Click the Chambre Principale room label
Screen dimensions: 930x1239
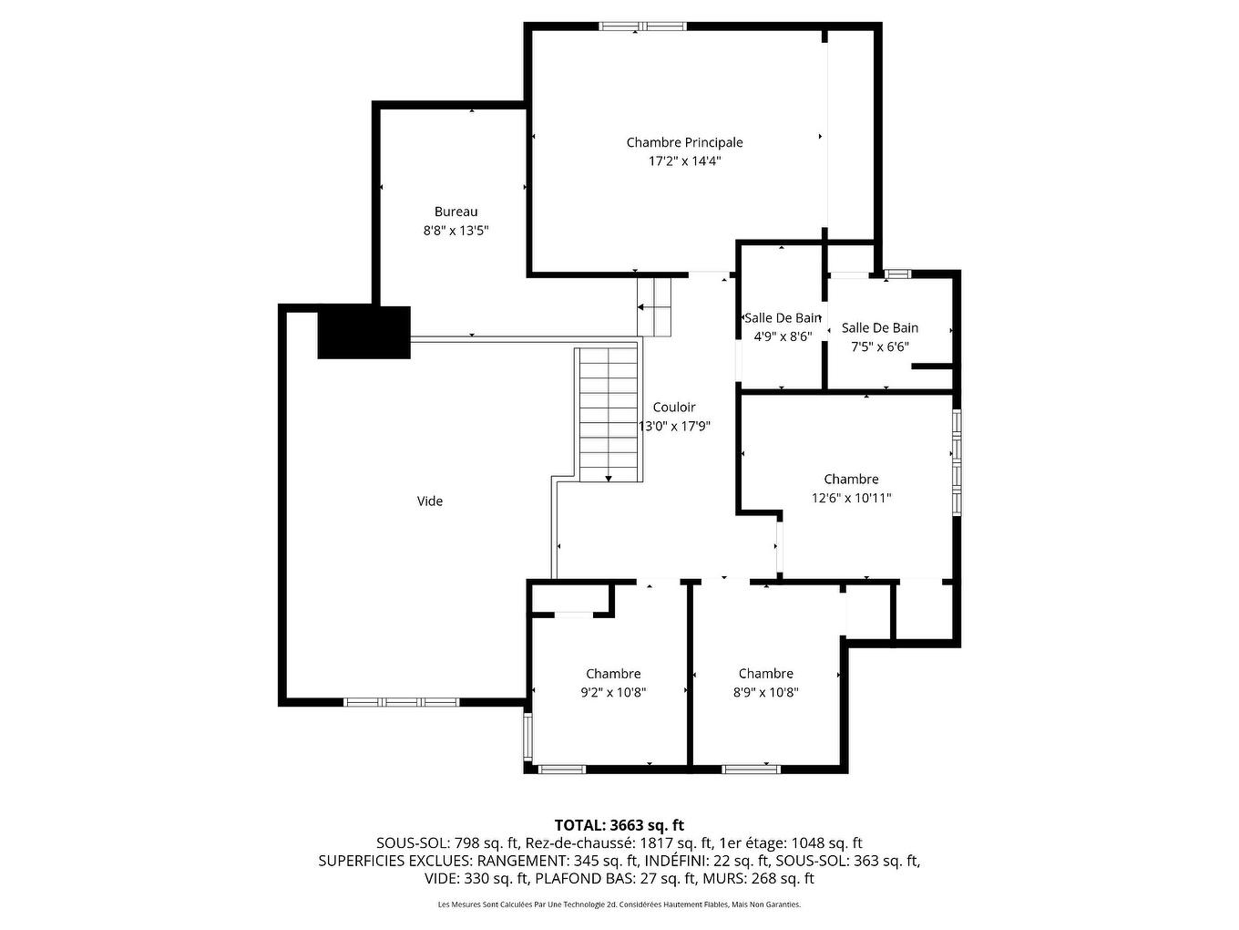click(x=684, y=142)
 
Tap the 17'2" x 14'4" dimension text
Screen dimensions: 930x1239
click(x=684, y=161)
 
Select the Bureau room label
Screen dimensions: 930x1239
click(x=456, y=212)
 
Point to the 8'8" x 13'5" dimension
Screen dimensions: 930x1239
click(x=456, y=231)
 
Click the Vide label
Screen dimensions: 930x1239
click(x=430, y=501)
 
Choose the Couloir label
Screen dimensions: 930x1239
click(x=674, y=407)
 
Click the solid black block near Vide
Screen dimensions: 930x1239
click(x=364, y=333)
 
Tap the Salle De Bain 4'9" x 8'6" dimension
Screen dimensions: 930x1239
click(x=783, y=336)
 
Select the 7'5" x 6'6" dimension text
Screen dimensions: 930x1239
click(x=880, y=346)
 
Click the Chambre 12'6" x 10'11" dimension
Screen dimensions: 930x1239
click(x=851, y=498)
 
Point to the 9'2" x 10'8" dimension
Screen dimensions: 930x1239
click(x=613, y=692)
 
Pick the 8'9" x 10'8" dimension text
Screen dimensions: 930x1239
click(x=765, y=692)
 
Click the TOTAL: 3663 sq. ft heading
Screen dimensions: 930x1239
click(x=619, y=825)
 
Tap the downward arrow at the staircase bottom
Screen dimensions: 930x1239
click(x=609, y=478)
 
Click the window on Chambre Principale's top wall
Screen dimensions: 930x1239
click(x=642, y=26)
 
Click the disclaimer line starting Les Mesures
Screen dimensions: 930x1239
click(x=619, y=904)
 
